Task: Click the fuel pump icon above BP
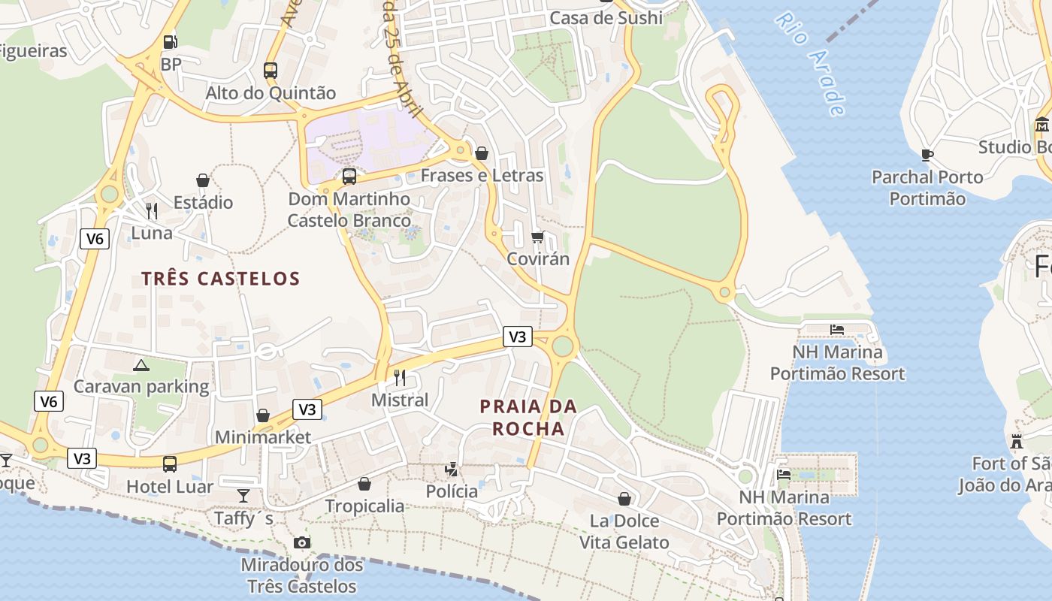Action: [x=171, y=43]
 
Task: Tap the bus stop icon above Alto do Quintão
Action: [x=271, y=71]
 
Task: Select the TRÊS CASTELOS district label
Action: [x=221, y=279]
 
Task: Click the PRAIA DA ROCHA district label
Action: [x=528, y=418]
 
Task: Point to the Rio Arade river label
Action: [x=811, y=64]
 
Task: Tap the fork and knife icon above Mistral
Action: [x=400, y=377]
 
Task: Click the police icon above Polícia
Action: [x=452, y=470]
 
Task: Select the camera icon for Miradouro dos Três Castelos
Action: [x=301, y=542]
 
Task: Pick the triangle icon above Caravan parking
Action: [x=141, y=365]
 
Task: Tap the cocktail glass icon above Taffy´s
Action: [x=243, y=496]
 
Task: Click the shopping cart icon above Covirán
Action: [x=537, y=237]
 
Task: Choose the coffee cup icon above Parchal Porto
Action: [x=927, y=155]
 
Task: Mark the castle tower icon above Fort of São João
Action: [x=1017, y=441]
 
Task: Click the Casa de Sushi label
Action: [x=606, y=17]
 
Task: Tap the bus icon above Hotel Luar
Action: [x=170, y=464]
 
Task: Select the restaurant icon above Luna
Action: [x=152, y=210]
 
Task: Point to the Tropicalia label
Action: [x=364, y=506]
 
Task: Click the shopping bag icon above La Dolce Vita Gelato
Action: [x=624, y=499]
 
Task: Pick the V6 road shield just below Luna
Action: [x=95, y=239]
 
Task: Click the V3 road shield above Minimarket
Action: [x=307, y=409]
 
